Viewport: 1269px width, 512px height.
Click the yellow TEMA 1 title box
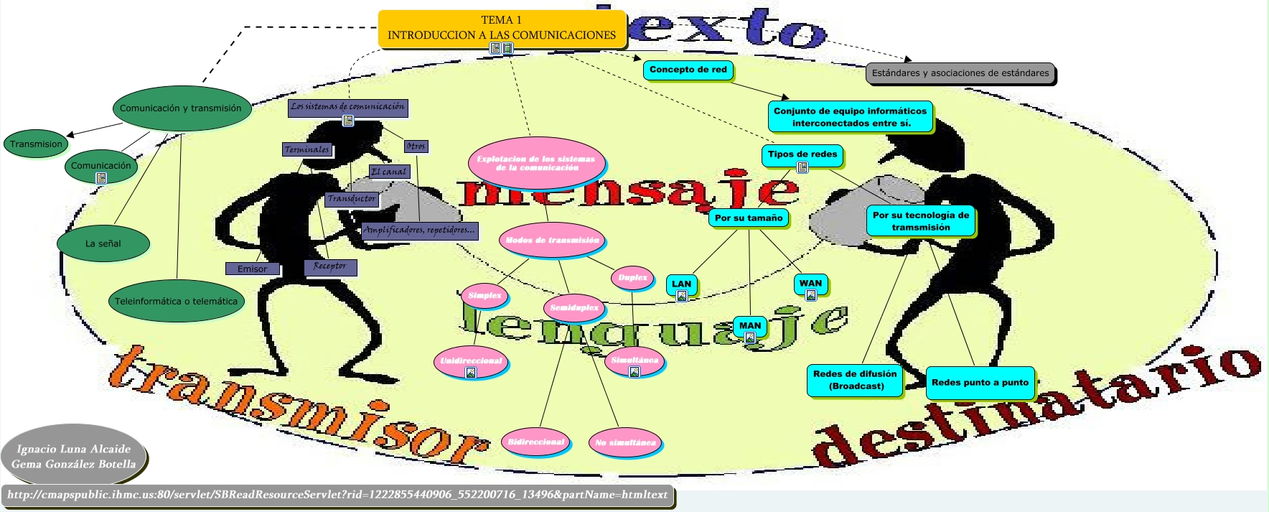tap(502, 28)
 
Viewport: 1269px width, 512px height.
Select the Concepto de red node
tap(688, 70)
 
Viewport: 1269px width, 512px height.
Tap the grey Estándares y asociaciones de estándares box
tap(960, 73)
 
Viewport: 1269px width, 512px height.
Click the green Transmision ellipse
tap(36, 144)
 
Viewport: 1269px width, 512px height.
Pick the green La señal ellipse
tap(103, 243)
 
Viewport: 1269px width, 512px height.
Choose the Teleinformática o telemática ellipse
tap(176, 302)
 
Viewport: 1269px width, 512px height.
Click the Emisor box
tap(252, 269)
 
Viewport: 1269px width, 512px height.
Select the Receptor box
tap(329, 266)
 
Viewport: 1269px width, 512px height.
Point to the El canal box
tap(389, 172)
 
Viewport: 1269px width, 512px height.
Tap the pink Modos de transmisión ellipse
tap(552, 241)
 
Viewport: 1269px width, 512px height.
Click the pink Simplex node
tap(484, 295)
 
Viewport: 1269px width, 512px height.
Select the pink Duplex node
tap(632, 278)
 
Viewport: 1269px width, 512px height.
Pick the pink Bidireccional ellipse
tap(536, 442)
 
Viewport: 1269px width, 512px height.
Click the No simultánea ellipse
tap(625, 442)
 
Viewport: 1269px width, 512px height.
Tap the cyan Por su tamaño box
tap(749, 218)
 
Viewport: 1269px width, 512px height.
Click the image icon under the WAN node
tap(810, 295)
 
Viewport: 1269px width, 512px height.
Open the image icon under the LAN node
tap(682, 296)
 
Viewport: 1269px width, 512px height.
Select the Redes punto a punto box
tap(980, 383)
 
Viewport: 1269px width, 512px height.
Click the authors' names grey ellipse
tap(74, 457)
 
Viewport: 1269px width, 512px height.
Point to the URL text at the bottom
tap(337, 495)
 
